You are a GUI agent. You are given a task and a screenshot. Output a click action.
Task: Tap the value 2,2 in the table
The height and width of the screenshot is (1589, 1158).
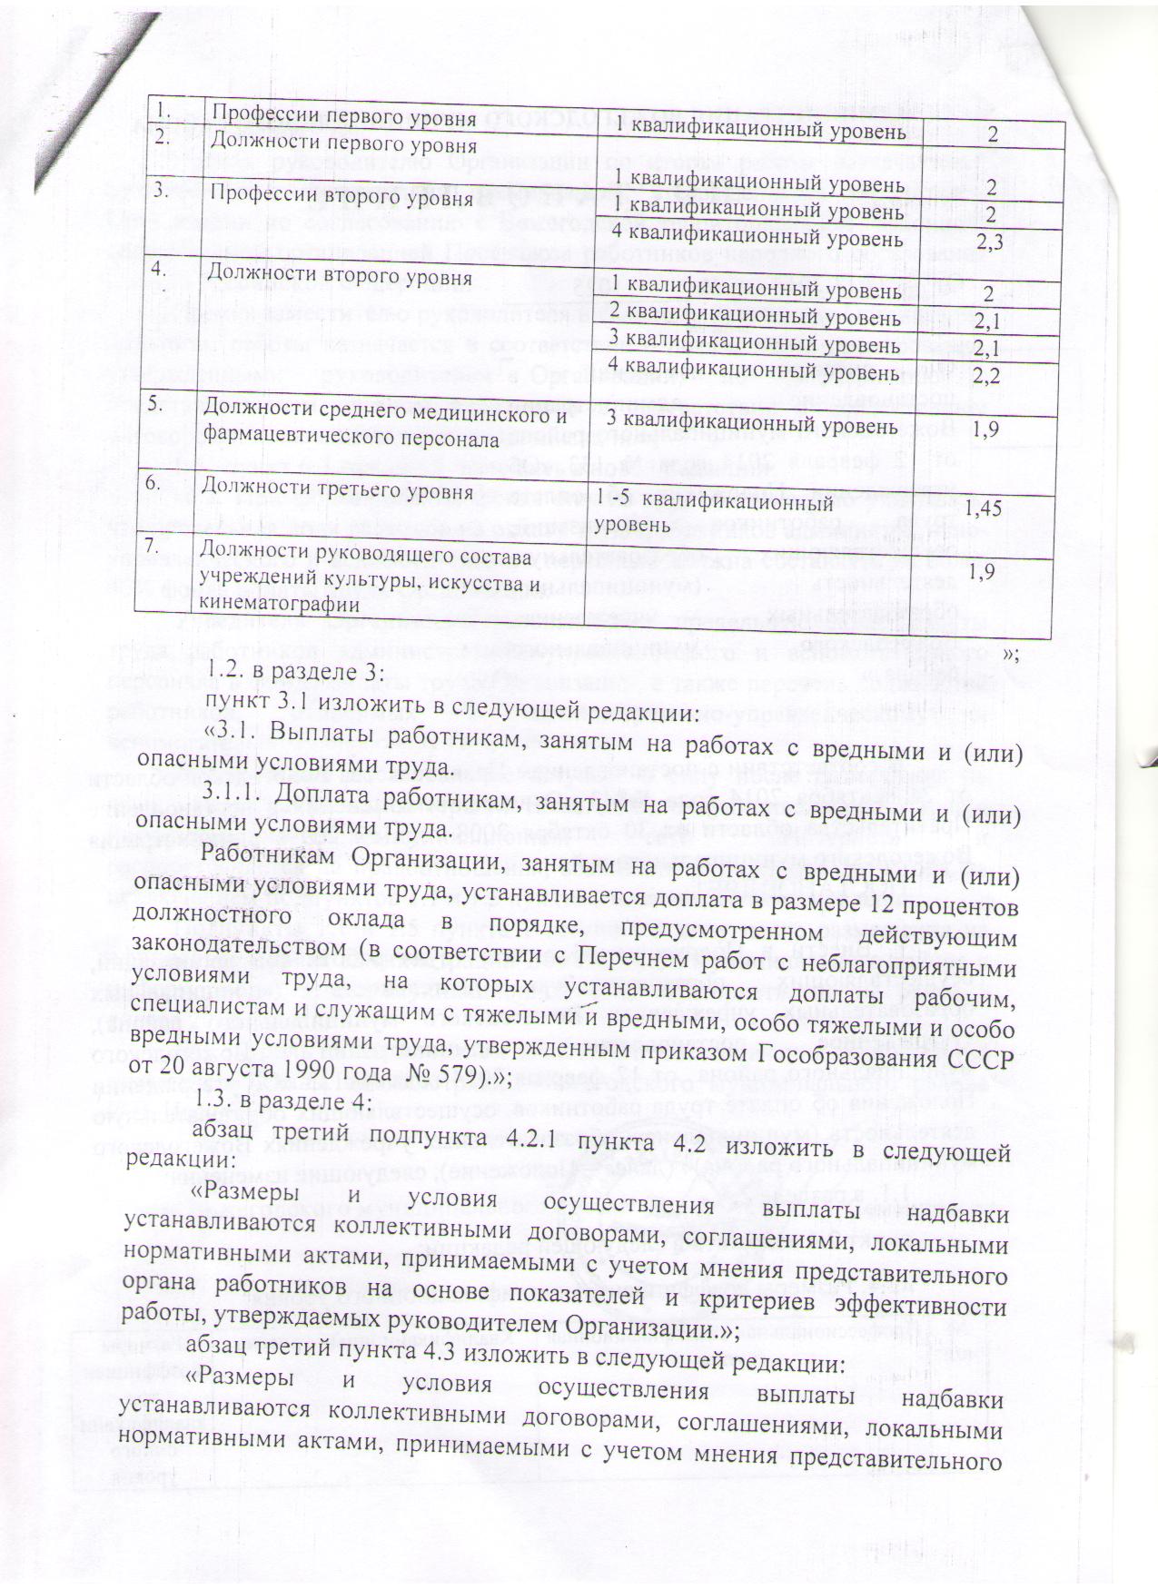click(x=986, y=373)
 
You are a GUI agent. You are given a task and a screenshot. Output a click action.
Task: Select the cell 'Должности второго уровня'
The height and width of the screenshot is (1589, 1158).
click(x=340, y=273)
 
